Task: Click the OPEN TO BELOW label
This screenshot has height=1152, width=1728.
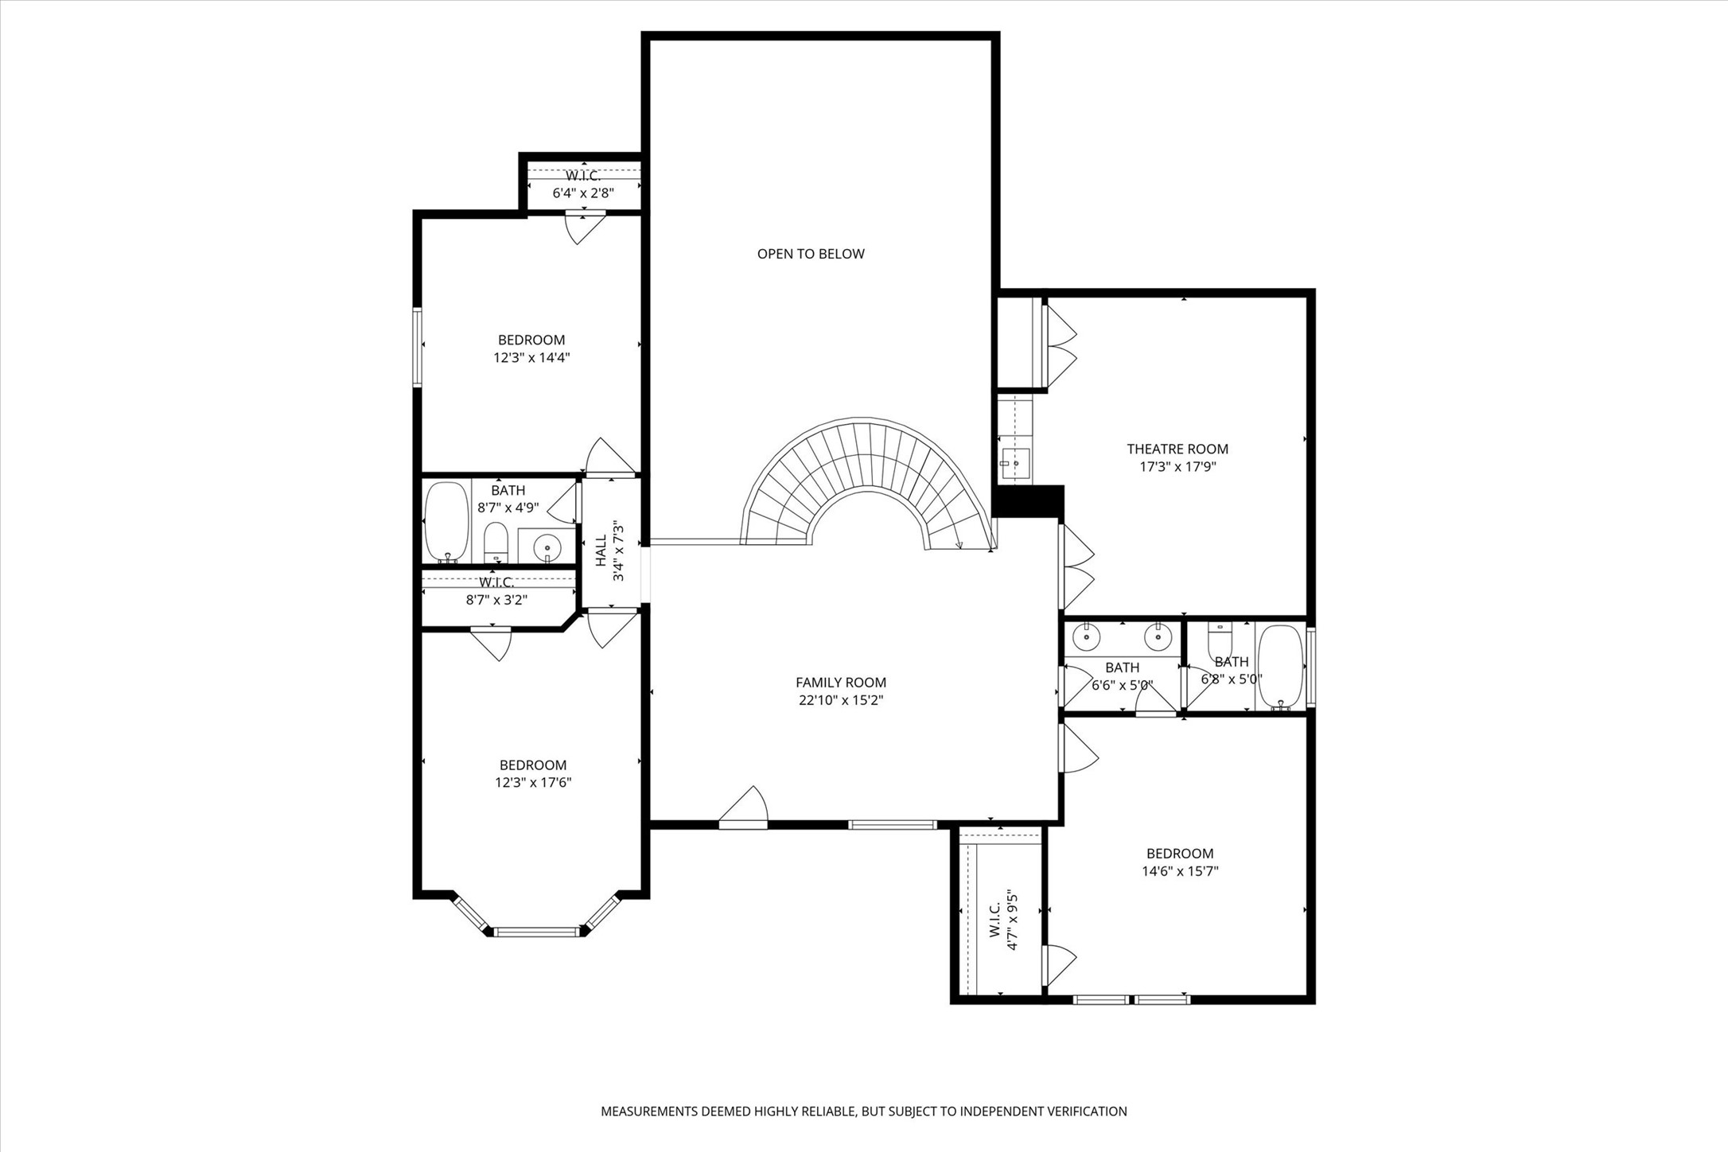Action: pyautogui.click(x=811, y=254)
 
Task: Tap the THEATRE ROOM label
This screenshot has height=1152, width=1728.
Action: pyautogui.click(x=1177, y=449)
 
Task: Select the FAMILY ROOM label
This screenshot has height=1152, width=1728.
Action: pyautogui.click(x=841, y=683)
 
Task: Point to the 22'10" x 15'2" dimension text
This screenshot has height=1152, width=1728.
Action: pyautogui.click(x=842, y=700)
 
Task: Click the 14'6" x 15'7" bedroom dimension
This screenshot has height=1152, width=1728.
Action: pyautogui.click(x=1181, y=871)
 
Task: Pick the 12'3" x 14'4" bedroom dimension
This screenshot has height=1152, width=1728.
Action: pyautogui.click(x=531, y=357)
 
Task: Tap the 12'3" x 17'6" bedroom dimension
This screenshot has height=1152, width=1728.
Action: pyautogui.click(x=533, y=783)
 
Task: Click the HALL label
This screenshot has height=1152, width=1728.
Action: pyautogui.click(x=601, y=550)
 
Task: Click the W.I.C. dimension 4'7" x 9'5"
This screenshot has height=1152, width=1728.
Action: pyautogui.click(x=1013, y=920)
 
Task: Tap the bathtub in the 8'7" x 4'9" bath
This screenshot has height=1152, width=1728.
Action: pyautogui.click(x=446, y=521)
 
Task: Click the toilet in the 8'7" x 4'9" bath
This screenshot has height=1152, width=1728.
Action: pyautogui.click(x=496, y=542)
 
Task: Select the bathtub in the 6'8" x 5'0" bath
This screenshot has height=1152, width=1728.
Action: pyautogui.click(x=1280, y=667)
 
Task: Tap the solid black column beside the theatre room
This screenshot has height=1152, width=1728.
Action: pyautogui.click(x=1028, y=501)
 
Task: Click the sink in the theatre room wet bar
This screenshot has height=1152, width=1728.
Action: pyautogui.click(x=1016, y=462)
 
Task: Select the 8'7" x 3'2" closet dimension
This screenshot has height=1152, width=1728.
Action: pyautogui.click(x=496, y=600)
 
